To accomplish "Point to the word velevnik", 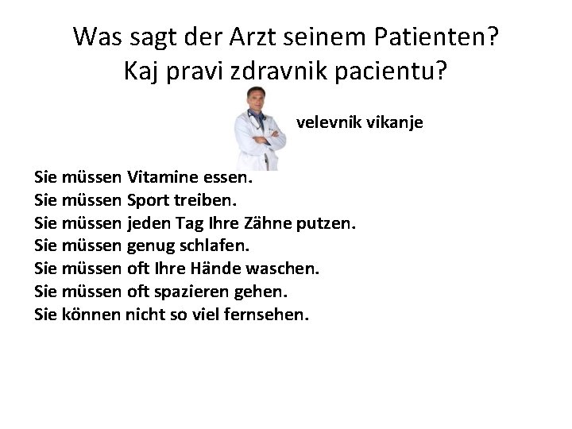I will click(327, 124).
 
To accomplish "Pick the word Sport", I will click(149, 196).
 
